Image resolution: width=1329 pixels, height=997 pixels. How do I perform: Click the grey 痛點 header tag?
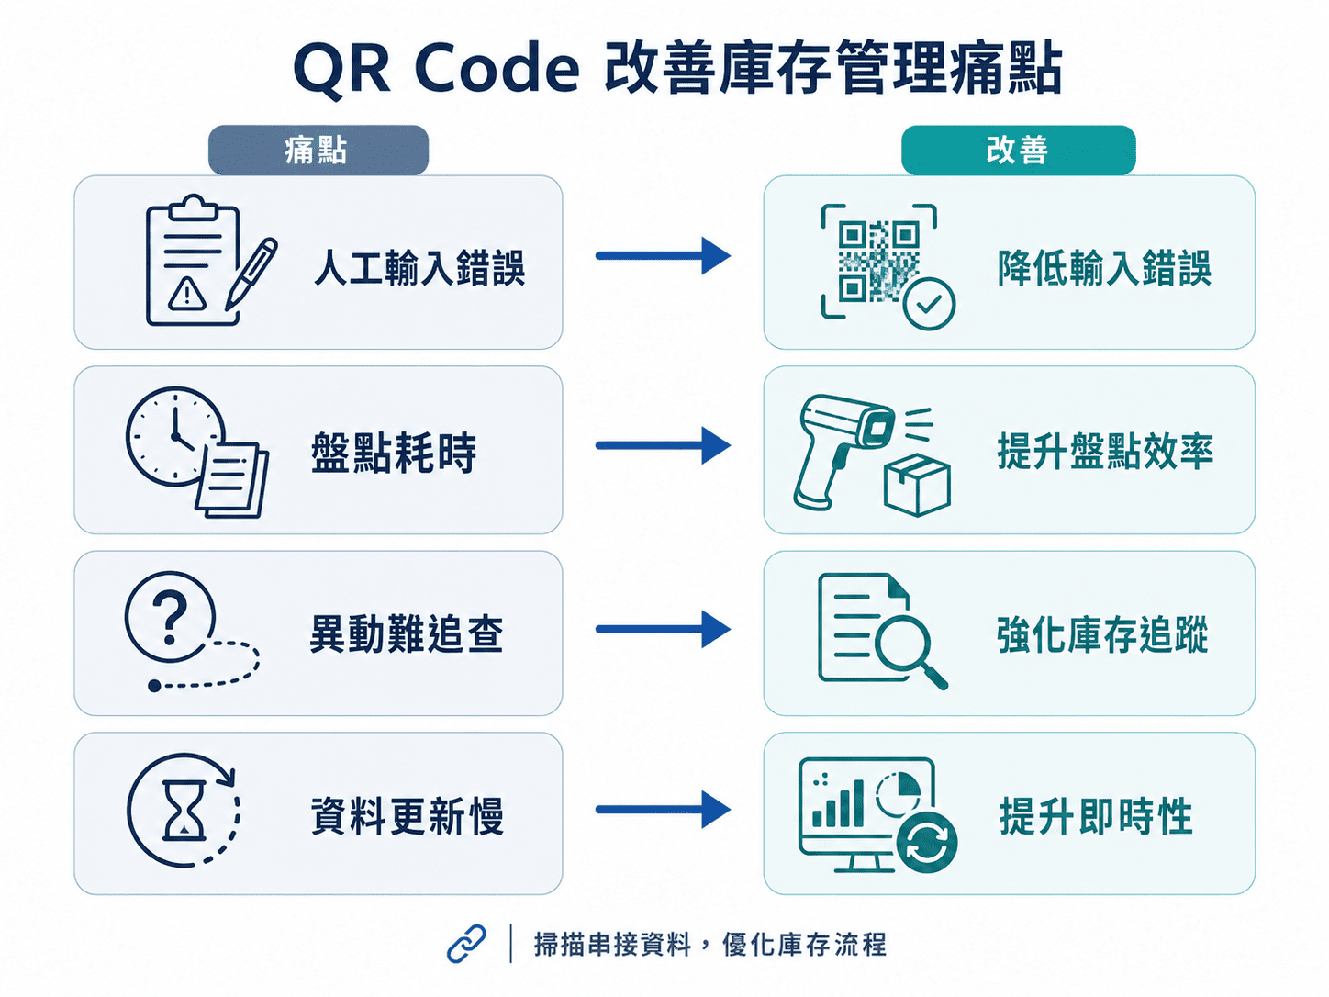[318, 150]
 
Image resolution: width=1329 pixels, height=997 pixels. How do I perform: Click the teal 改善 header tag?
[1018, 150]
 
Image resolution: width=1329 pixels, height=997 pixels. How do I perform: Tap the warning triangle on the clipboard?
[187, 294]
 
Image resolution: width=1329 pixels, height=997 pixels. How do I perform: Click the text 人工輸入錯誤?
[419, 267]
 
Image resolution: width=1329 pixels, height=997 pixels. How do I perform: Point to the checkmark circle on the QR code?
[929, 304]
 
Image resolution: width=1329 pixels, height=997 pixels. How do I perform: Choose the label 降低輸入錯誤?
[1104, 267]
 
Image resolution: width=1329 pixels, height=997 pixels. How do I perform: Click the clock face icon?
[174, 436]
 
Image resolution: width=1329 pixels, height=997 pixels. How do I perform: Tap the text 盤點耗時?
[394, 453]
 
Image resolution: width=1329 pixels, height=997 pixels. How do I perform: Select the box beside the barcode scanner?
[917, 486]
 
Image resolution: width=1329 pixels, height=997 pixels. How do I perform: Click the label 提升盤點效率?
[1105, 452]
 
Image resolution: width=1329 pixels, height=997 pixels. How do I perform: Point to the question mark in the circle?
[170, 617]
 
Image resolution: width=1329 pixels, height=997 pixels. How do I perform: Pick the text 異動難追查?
[407, 633]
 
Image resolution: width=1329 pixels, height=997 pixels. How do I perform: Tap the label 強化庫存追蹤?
[1103, 634]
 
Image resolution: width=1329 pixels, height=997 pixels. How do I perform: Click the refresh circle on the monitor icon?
[926, 842]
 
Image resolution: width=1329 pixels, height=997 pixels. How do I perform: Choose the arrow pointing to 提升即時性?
[663, 810]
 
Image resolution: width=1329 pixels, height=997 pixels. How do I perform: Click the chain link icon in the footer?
[466, 943]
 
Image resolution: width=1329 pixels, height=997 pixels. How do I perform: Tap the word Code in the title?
[497, 69]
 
